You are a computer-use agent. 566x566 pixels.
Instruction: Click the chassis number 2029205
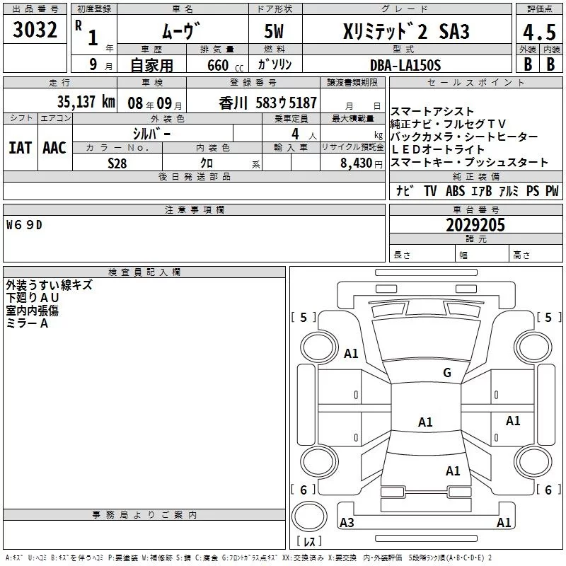coord(475,225)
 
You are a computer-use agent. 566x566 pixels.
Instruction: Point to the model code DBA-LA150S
coord(405,64)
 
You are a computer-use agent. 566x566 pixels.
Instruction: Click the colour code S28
coord(117,162)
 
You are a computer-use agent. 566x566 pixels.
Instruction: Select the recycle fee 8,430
coord(352,163)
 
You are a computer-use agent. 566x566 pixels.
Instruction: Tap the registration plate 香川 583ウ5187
coord(268,103)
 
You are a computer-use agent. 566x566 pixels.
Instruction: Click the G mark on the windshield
coord(446,373)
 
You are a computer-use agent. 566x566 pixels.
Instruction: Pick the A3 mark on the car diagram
coord(347,523)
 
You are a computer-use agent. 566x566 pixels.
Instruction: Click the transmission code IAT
coord(20,147)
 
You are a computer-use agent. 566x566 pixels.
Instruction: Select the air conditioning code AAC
coord(54,147)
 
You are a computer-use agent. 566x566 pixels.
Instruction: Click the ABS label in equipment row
coord(455,191)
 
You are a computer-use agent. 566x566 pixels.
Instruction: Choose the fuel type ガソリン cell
coord(275,64)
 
